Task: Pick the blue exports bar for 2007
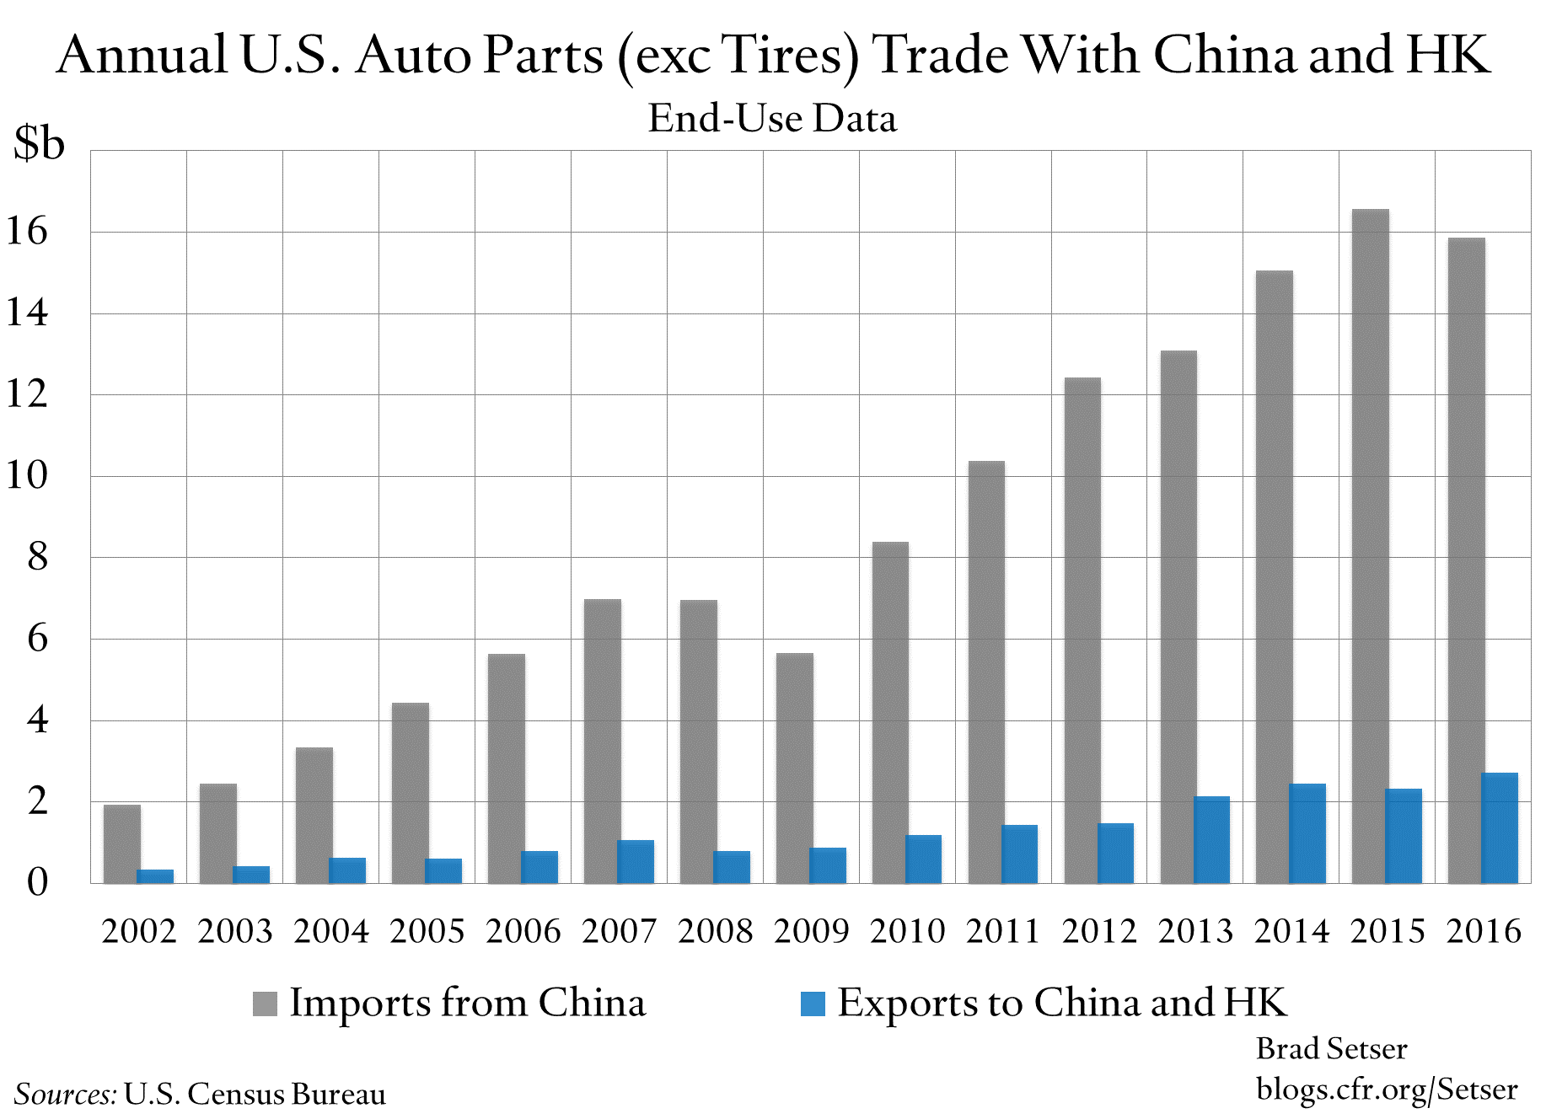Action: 636,862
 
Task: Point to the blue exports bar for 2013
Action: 1211,840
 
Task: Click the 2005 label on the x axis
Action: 427,931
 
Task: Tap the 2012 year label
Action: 1099,931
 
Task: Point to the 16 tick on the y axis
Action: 27,232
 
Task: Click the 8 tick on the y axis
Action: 37,557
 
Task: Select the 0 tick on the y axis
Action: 37,882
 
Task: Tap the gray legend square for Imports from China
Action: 265,1004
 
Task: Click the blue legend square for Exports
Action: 813,1004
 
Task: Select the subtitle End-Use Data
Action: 772,118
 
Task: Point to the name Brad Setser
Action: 1331,1049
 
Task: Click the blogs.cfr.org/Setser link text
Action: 1387,1090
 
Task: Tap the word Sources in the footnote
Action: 65,1094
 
